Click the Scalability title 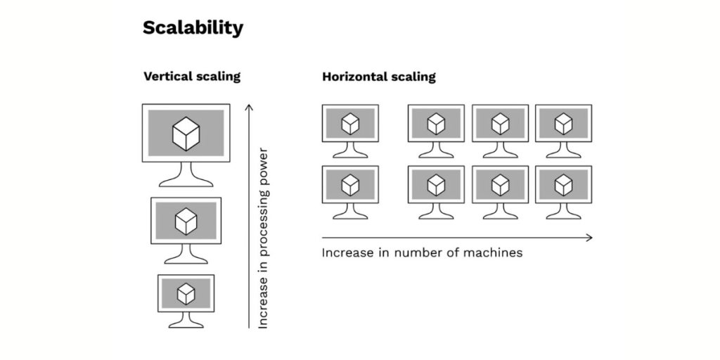[x=193, y=27]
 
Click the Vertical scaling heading [x=192, y=76]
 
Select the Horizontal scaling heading [x=378, y=76]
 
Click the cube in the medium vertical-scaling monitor [x=186, y=221]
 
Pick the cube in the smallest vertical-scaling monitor [x=186, y=292]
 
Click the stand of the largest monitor [x=186, y=175]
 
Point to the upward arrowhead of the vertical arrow [x=248, y=107]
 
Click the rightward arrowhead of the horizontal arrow [x=589, y=238]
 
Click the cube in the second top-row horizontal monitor [x=436, y=124]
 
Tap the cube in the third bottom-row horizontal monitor [x=500, y=184]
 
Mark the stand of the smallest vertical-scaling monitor [x=186, y=318]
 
